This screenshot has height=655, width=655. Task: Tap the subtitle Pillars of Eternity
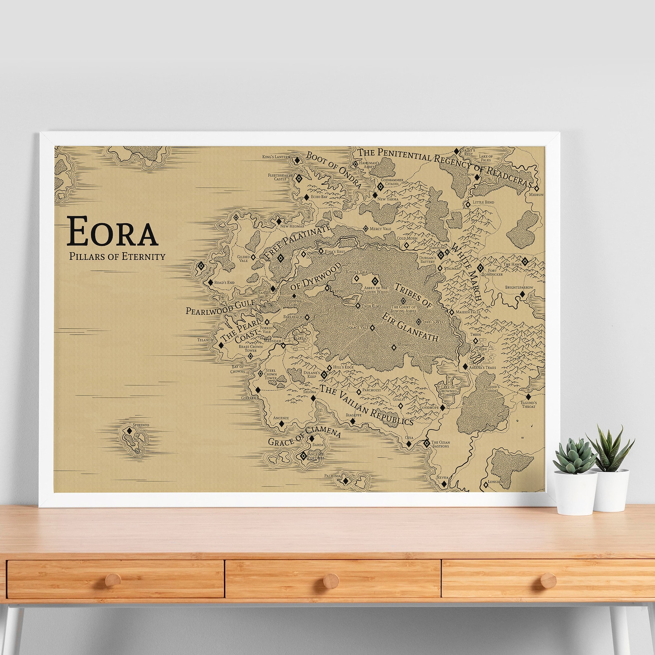click(x=118, y=256)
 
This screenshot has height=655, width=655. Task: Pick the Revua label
click(x=442, y=477)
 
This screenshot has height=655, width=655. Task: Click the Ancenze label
click(x=281, y=417)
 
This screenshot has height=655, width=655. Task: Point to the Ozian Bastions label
click(x=441, y=444)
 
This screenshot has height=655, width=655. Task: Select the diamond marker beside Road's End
click(x=210, y=283)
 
